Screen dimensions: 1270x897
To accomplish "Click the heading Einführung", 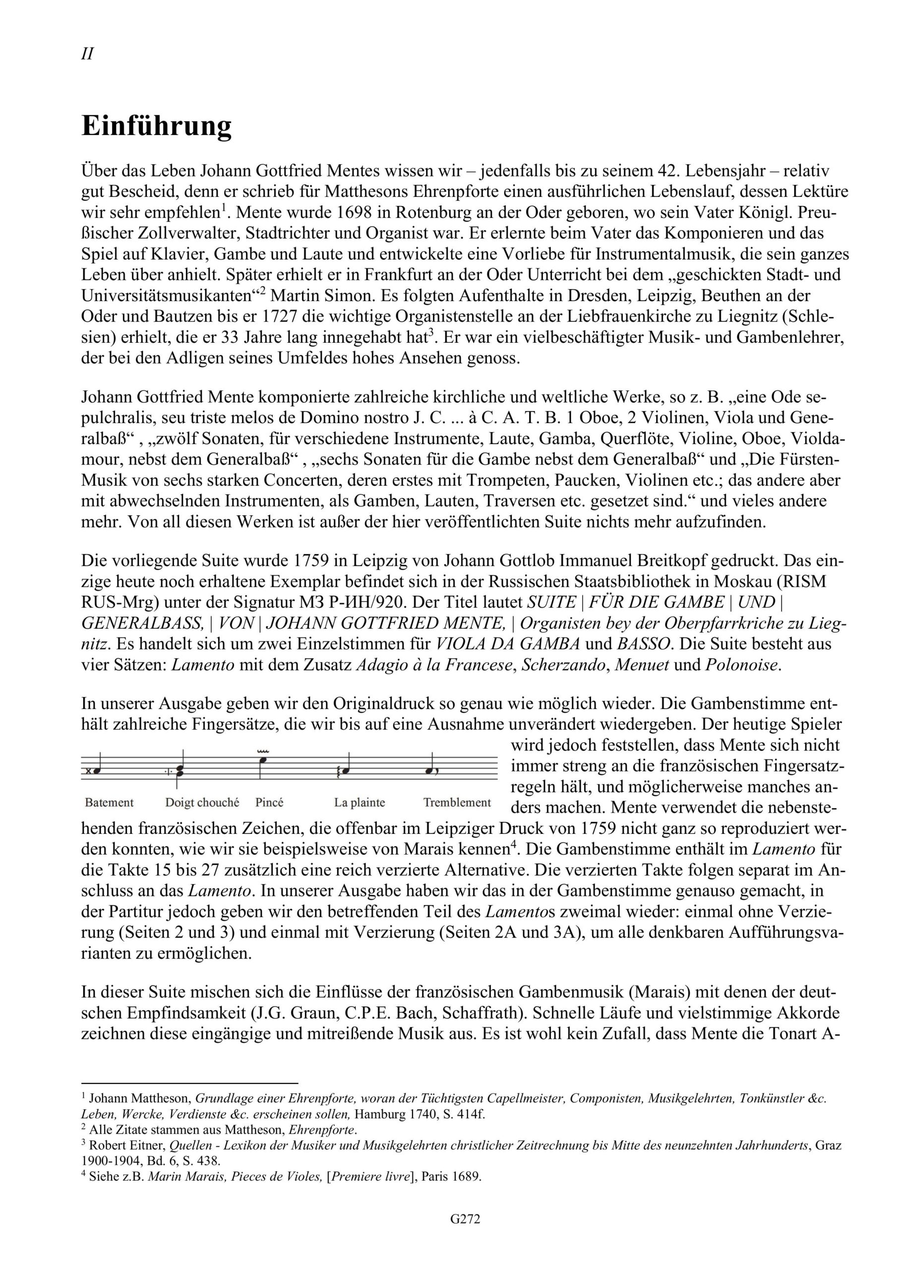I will point(157,127).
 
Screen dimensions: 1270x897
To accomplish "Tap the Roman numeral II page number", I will point(87,54).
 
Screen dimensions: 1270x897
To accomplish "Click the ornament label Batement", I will point(110,803).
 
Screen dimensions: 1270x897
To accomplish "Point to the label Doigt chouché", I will point(202,803).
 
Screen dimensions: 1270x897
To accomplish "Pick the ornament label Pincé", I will point(269,803).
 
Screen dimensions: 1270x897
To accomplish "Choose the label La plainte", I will point(359,803).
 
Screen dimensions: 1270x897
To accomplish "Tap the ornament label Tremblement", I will point(457,803).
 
